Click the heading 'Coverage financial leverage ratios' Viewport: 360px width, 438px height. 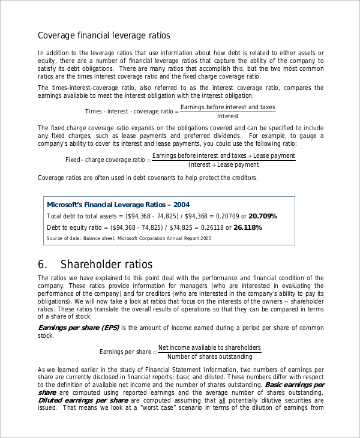[x=104, y=35]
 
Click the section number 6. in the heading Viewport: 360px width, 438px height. [x=43, y=265]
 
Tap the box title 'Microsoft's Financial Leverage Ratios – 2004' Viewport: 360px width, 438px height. [x=118, y=204]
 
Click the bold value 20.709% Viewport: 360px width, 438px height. [x=263, y=216]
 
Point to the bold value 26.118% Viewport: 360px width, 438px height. [x=247, y=227]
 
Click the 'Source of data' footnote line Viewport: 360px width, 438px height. [x=129, y=238]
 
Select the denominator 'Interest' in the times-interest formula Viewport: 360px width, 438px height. [x=227, y=116]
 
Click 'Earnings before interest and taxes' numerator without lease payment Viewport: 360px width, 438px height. [x=227, y=107]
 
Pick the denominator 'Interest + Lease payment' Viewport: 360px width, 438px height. [x=224, y=164]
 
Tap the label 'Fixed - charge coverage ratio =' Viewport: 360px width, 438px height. [x=108, y=160]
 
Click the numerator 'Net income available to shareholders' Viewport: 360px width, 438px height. [x=209, y=347]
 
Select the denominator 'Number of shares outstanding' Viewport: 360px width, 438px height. [x=209, y=356]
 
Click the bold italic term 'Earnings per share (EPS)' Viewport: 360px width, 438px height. [x=79, y=328]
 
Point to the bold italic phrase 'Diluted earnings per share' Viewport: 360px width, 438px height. [x=83, y=400]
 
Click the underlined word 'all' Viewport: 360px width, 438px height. [x=222, y=400]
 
